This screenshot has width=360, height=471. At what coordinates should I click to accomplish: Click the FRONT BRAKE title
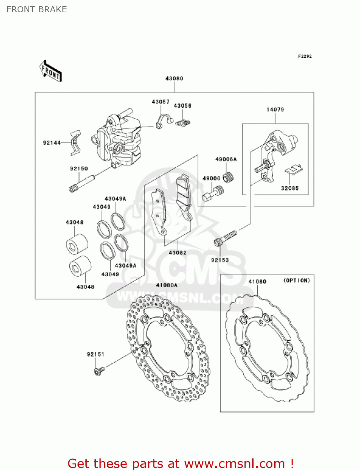(37, 9)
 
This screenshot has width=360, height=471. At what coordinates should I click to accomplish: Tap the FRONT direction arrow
(51, 71)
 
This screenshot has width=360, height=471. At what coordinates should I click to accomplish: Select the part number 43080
(174, 78)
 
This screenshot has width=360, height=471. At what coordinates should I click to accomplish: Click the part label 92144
(52, 143)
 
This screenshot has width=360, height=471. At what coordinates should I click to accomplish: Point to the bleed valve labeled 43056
(183, 123)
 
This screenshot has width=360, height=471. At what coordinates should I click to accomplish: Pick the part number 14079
(275, 110)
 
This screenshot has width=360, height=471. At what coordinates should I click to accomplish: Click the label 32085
(290, 188)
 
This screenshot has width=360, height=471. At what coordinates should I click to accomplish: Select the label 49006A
(226, 159)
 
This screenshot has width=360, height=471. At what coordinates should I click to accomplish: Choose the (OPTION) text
(296, 280)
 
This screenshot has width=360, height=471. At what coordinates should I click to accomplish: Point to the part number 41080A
(167, 285)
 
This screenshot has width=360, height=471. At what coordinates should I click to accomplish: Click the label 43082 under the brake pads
(177, 253)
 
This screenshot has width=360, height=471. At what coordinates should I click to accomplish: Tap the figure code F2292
(305, 56)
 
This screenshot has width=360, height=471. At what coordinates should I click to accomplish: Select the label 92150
(79, 169)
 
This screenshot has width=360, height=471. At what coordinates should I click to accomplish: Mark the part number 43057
(160, 102)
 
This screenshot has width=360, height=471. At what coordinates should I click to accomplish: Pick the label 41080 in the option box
(257, 282)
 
